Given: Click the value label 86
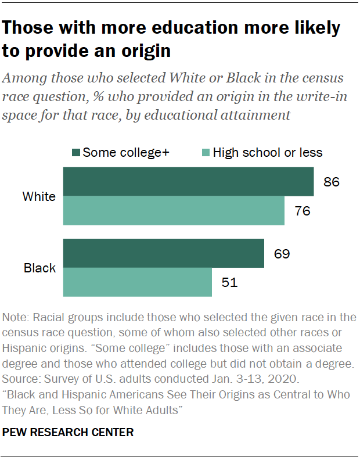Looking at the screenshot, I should [331, 182].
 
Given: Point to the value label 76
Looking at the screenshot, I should [302, 211].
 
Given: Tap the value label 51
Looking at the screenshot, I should [229, 283].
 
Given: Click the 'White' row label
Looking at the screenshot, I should [39, 196].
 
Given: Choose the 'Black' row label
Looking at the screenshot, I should [39, 268].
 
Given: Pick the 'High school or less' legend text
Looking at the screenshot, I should [267, 153].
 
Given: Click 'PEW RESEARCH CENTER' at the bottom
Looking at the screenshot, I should [68, 432].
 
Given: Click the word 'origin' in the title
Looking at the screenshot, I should [143, 51].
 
